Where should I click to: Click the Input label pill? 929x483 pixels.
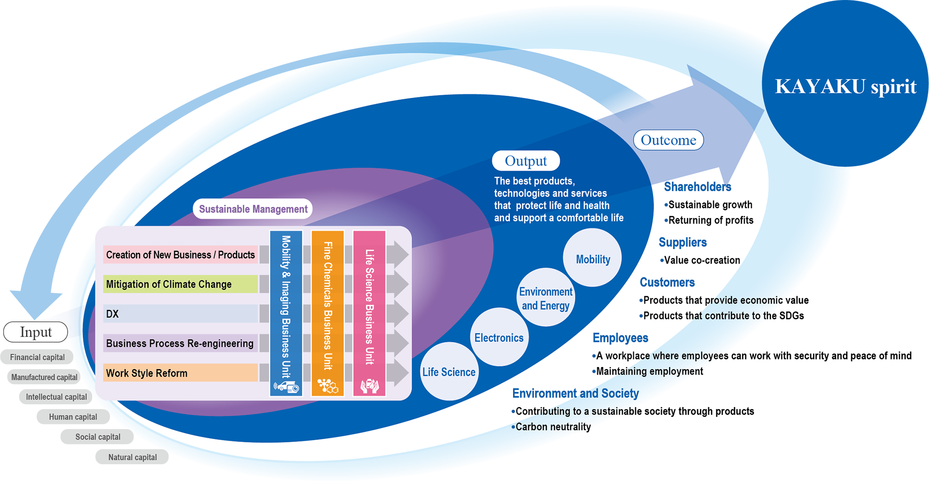coord(36,332)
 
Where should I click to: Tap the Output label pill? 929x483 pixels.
coord(526,161)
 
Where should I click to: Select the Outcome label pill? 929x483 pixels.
coord(668,140)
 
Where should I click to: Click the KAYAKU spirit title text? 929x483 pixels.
coord(846,87)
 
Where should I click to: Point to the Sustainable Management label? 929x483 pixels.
coord(253,209)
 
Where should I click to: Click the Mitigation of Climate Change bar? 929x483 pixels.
coord(180,284)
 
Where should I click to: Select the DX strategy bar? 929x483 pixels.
coord(180,314)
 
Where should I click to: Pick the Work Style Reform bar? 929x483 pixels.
coord(180,373)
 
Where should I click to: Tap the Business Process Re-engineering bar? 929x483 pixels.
coord(180,343)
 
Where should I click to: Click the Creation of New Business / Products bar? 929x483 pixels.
coord(180,255)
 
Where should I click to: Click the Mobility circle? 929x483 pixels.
coord(593,258)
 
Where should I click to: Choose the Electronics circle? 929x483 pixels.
coord(499,337)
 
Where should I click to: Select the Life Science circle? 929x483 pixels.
coord(448,372)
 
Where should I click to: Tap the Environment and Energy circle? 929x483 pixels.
coord(546,298)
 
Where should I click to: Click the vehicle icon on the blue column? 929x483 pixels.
coord(286,387)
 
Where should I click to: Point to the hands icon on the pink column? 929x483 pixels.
coord(369,386)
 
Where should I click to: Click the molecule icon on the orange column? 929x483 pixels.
coord(328,386)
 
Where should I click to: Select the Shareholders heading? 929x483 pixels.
coord(697,187)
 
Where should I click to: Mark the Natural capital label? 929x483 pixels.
coord(133,457)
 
